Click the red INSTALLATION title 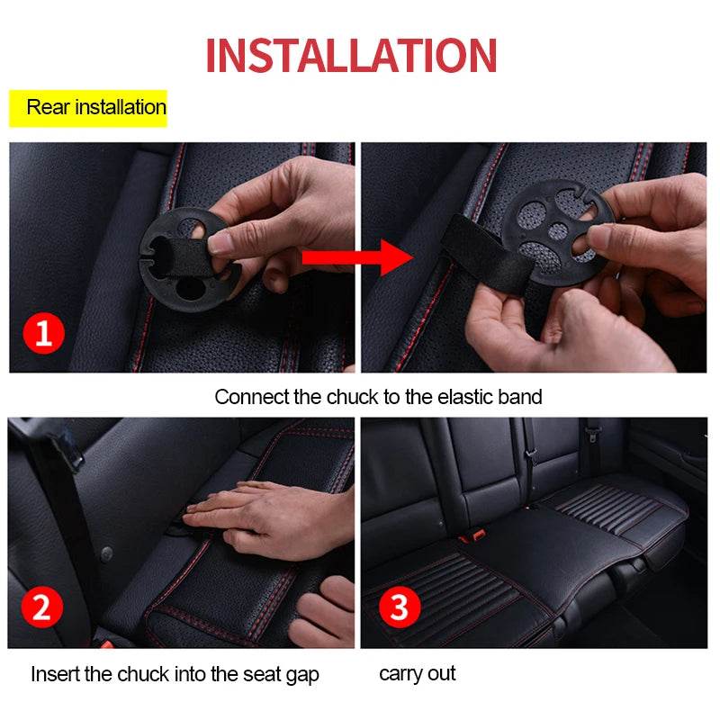(x=351, y=55)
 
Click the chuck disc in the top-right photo (x=553, y=229)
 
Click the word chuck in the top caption (x=349, y=397)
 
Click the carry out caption (x=417, y=673)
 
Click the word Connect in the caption (x=252, y=397)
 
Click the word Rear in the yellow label (x=47, y=107)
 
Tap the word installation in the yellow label (x=120, y=107)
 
